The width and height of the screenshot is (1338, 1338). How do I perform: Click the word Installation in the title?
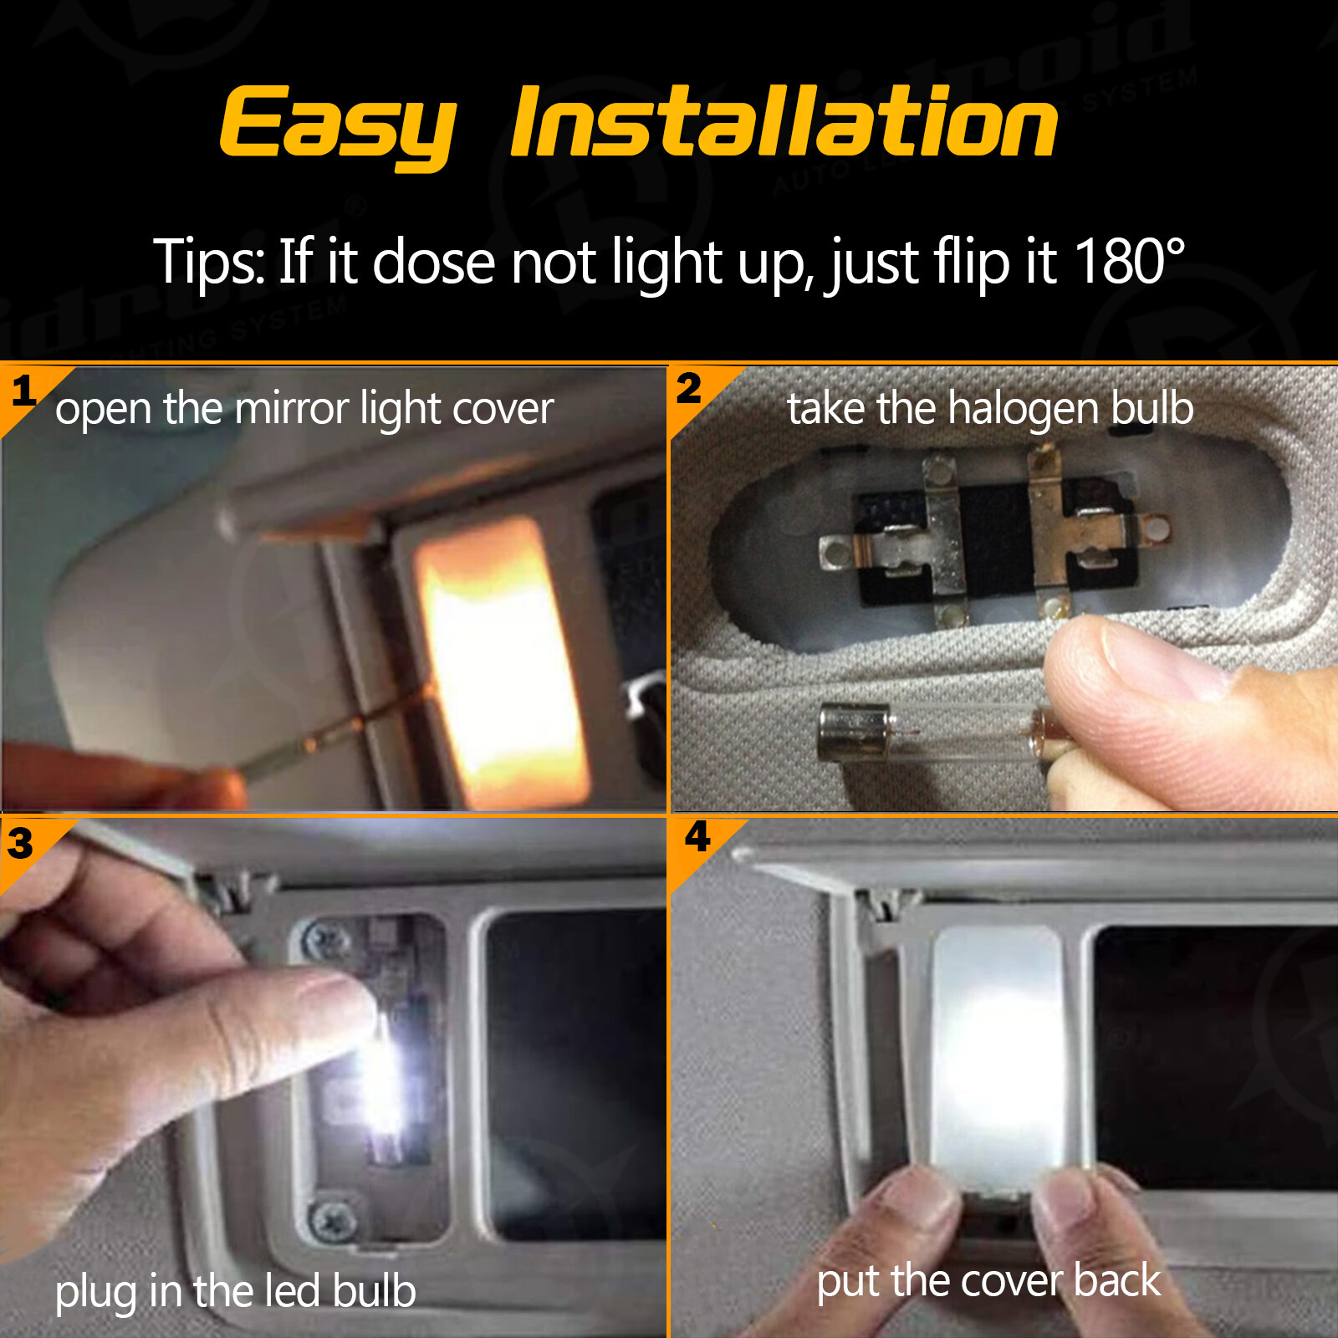784,124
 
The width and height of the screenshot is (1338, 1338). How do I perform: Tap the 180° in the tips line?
1129,262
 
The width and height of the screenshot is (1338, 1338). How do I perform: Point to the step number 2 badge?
688,388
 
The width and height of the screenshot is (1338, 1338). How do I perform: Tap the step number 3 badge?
21,843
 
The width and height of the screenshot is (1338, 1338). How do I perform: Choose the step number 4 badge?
697,836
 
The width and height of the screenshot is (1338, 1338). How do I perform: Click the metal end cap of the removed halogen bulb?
852,732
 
